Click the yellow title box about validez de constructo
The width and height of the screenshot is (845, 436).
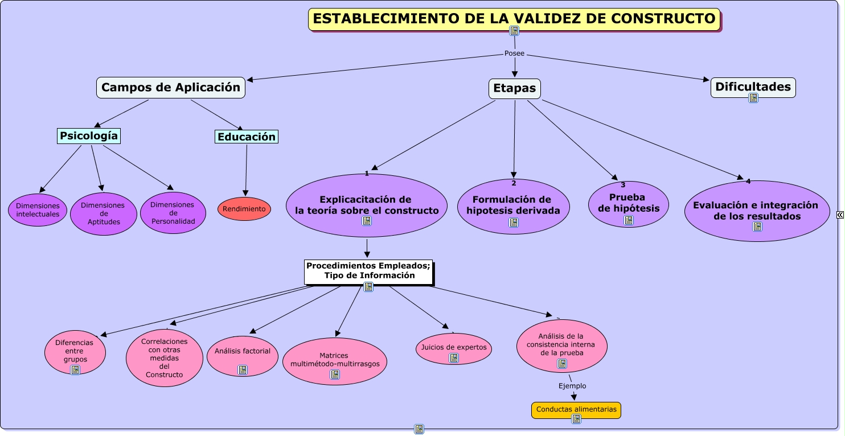[x=514, y=19]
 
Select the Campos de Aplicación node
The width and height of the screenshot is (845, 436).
[x=171, y=88]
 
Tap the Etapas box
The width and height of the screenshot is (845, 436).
[x=514, y=89]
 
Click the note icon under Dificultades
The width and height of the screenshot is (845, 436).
[x=753, y=98]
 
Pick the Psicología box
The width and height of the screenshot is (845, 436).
[x=89, y=136]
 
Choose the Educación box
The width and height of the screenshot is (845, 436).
[x=247, y=137]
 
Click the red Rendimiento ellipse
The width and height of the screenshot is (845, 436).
[x=244, y=209]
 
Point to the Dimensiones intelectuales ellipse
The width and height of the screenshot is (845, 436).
[x=38, y=210]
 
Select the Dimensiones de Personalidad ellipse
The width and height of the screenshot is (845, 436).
[x=173, y=213]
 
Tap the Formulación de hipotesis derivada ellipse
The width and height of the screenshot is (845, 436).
[x=514, y=205]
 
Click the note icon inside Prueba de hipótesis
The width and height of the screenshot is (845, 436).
[x=629, y=220]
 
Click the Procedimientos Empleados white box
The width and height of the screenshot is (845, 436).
[x=368, y=271]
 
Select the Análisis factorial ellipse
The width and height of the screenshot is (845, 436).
[x=243, y=352]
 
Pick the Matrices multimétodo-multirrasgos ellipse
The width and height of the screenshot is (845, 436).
[x=335, y=360]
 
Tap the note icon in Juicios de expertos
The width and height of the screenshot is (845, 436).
[x=454, y=358]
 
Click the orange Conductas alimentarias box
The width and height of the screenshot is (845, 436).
[x=576, y=410]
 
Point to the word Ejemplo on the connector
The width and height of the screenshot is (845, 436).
[x=572, y=386]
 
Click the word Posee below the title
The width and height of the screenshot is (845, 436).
[x=514, y=54]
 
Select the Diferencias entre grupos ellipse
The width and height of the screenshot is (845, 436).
[x=75, y=351]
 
